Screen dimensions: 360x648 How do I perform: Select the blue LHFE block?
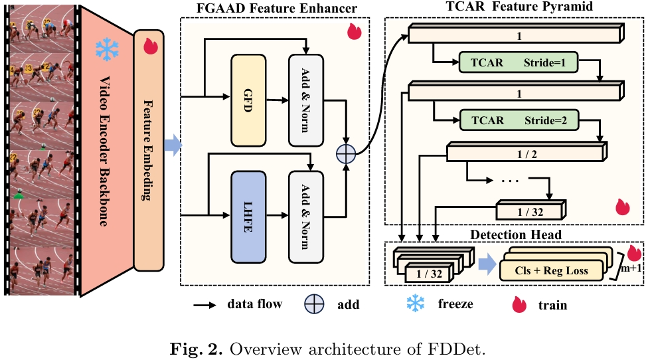248,217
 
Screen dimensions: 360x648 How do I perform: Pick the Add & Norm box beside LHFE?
305,217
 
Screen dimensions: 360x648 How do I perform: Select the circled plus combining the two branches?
346,153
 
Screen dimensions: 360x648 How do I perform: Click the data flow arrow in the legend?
206,305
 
